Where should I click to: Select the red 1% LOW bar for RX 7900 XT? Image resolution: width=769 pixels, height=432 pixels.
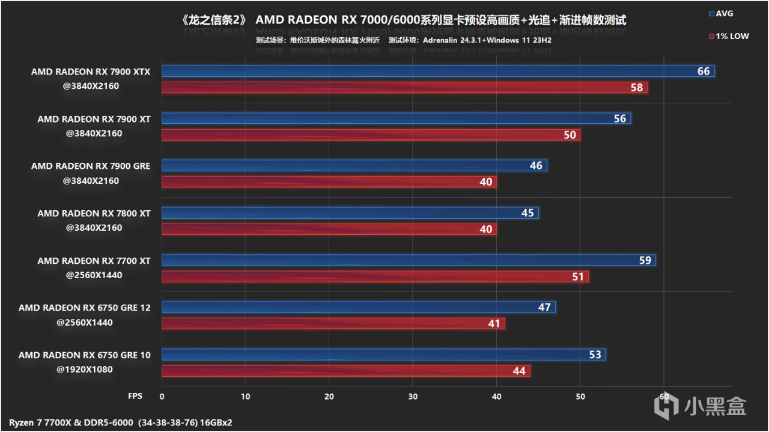(x=371, y=135)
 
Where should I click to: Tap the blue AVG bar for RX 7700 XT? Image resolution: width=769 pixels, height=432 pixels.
(x=409, y=260)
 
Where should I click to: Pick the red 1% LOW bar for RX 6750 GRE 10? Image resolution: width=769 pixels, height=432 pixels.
(x=345, y=371)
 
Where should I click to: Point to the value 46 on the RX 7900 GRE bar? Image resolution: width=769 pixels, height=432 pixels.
(x=536, y=166)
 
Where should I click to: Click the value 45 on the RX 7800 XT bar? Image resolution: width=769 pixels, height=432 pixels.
(x=527, y=213)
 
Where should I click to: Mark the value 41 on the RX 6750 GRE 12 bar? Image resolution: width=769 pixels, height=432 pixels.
(x=494, y=324)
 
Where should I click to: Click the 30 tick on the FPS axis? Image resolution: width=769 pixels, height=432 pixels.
(x=413, y=397)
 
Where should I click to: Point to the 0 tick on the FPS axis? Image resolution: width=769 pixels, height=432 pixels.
(x=162, y=397)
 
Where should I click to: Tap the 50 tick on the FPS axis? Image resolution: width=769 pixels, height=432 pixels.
(x=580, y=397)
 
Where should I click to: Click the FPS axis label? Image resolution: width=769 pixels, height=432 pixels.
(x=135, y=397)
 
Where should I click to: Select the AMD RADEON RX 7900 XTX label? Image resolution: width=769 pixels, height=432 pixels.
(x=91, y=71)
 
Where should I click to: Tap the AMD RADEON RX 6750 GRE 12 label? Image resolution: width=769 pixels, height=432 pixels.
(x=85, y=308)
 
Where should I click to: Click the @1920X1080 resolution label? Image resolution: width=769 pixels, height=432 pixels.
(x=85, y=370)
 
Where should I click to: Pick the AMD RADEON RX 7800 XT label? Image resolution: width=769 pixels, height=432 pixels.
(x=94, y=213)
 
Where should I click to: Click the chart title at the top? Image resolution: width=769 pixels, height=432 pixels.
(x=403, y=20)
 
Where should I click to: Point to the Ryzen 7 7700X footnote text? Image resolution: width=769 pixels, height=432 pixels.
(x=121, y=422)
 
